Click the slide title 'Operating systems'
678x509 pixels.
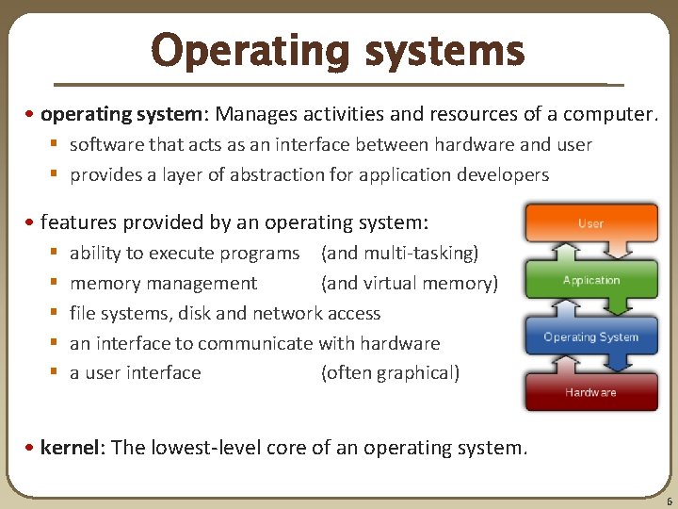point(337,51)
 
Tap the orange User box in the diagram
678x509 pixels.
point(590,223)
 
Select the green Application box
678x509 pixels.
point(590,280)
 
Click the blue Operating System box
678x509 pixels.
point(590,337)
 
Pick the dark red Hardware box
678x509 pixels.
point(590,392)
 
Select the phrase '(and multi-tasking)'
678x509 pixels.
point(399,253)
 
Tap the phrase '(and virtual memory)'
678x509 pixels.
point(409,283)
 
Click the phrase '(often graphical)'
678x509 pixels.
point(390,372)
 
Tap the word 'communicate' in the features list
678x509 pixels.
point(256,343)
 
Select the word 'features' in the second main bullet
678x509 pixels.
point(76,222)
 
